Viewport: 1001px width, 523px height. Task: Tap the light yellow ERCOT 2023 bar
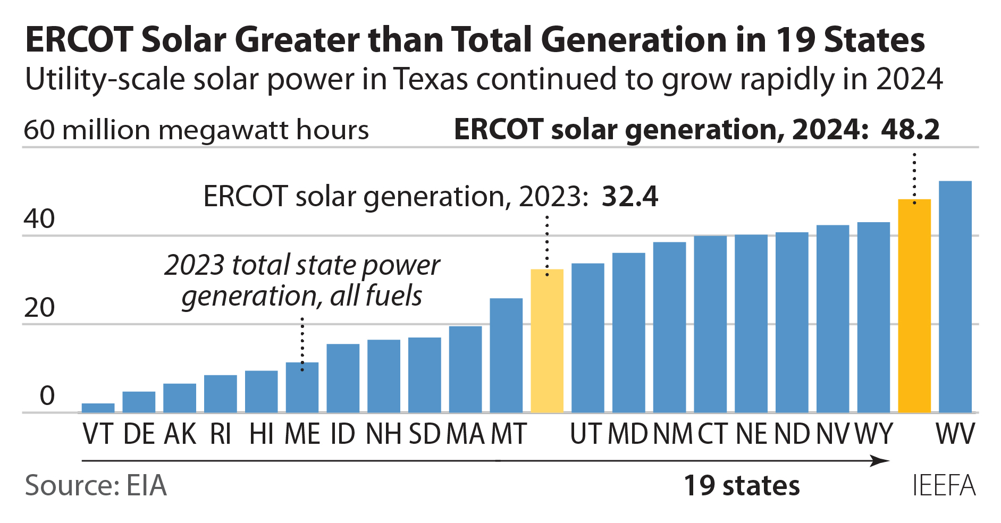pyautogui.click(x=547, y=341)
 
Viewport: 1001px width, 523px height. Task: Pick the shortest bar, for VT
pyautogui.click(x=98, y=408)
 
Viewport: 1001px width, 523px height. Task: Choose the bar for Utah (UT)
pyautogui.click(x=587, y=338)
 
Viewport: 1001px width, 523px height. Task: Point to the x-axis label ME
pyautogui.click(x=302, y=434)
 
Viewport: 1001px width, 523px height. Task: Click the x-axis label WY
pyautogui.click(x=873, y=434)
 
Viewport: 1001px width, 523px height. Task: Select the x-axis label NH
pyautogui.click(x=383, y=434)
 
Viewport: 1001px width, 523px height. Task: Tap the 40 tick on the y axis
pyautogui.click(x=39, y=219)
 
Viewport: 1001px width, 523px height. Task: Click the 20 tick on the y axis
pyautogui.click(x=39, y=308)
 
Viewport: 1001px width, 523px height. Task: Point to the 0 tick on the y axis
pyautogui.click(x=47, y=396)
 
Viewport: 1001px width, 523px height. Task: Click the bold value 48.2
pyautogui.click(x=910, y=129)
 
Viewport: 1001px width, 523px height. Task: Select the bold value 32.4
pyautogui.click(x=629, y=197)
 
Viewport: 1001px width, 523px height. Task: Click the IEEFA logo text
pyautogui.click(x=944, y=486)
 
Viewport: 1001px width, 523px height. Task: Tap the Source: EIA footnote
pyautogui.click(x=96, y=486)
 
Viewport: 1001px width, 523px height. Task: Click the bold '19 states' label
pyautogui.click(x=741, y=486)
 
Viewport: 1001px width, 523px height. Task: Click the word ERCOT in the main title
pyautogui.click(x=79, y=40)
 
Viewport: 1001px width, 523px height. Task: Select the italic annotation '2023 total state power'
pyautogui.click(x=302, y=265)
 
